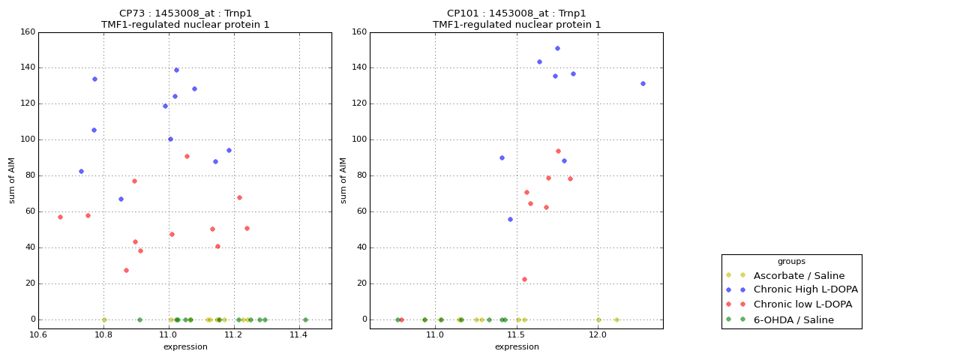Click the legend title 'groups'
click(791, 261)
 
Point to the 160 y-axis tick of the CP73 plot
click(27, 32)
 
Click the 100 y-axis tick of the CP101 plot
click(358, 139)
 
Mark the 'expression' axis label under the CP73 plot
click(185, 346)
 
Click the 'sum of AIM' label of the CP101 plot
click(343, 180)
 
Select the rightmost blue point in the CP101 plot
click(643, 83)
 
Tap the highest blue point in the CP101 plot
click(557, 48)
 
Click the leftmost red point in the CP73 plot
click(60, 217)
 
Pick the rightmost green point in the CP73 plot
click(305, 319)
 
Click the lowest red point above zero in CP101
click(524, 279)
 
